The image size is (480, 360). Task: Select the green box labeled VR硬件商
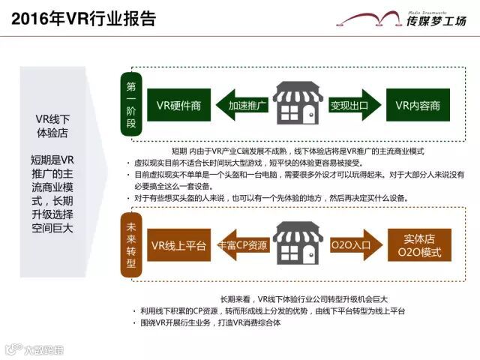174,106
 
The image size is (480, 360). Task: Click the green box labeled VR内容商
417,106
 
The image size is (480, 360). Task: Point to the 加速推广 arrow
241,106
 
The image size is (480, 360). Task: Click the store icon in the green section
297,104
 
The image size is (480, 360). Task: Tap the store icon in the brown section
297,244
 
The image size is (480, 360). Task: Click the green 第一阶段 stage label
130,106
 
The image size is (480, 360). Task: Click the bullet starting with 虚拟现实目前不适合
247,163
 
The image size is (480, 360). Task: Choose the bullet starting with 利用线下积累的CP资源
270,310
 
